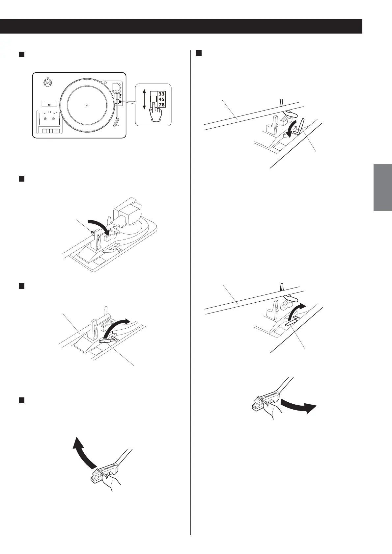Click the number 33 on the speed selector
(x=161, y=94)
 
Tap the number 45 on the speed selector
(x=161, y=99)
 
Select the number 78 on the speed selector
(x=161, y=105)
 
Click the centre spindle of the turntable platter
(x=87, y=105)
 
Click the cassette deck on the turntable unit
(x=48, y=121)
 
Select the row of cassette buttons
(x=51, y=131)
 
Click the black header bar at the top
(x=181, y=26)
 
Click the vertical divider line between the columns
(x=191, y=296)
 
